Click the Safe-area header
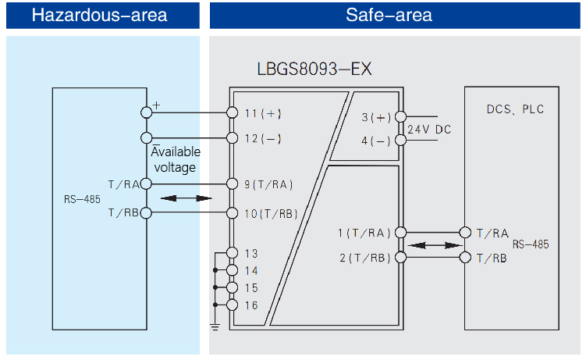[x=396, y=15]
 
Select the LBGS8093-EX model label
[x=314, y=69]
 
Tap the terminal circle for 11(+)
[x=232, y=113]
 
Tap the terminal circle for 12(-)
[x=232, y=138]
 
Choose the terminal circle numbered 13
[x=232, y=252]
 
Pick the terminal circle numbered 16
[x=232, y=305]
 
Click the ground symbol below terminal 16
[x=215, y=323]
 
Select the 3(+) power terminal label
[x=376, y=117]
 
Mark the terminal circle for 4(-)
[x=400, y=141]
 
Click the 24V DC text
[x=430, y=129]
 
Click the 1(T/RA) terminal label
[x=365, y=232]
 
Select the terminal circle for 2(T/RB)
[x=400, y=257]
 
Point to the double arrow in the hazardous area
[x=186, y=198]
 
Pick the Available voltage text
[x=176, y=159]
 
